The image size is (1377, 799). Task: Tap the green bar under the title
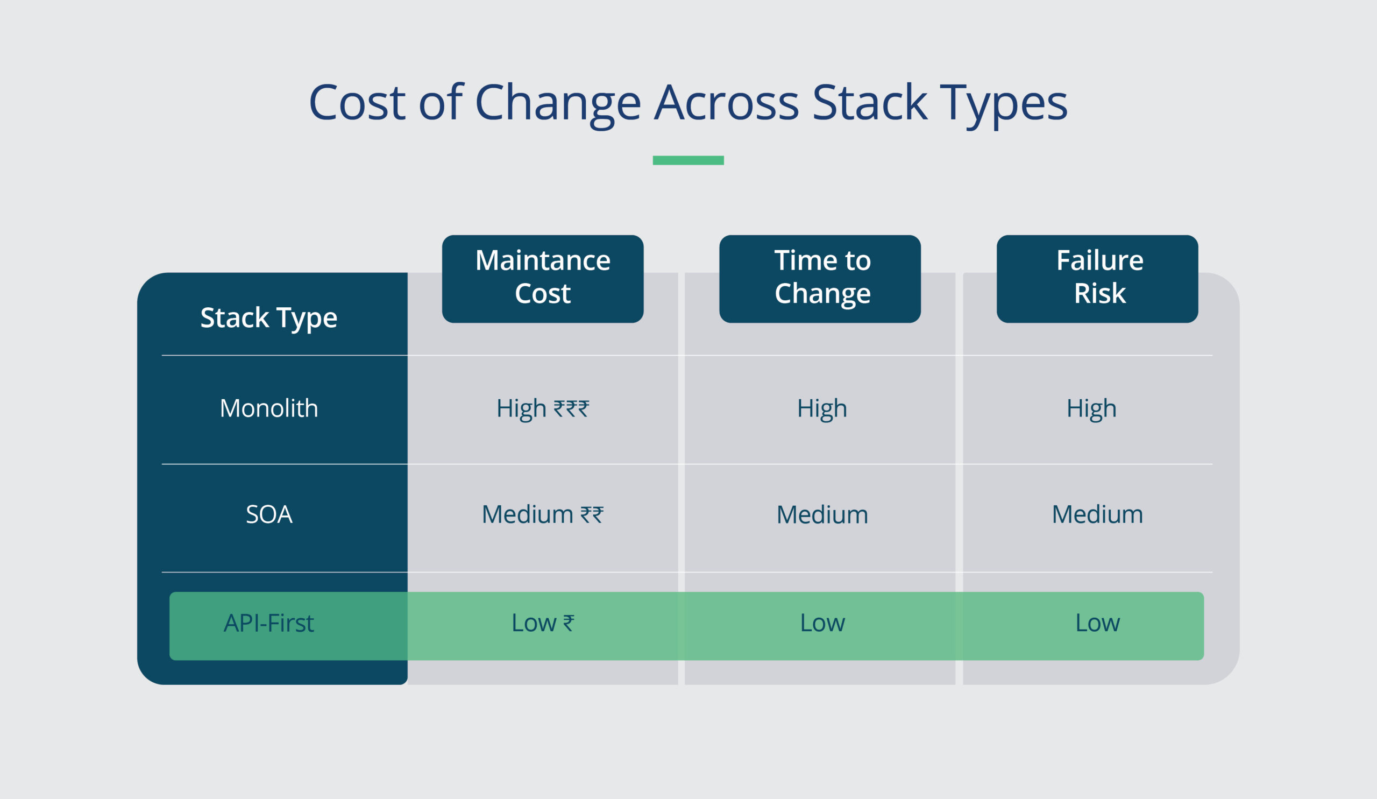pos(688,160)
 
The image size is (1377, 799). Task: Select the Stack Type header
pos(269,317)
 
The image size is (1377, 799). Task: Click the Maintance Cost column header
pos(543,278)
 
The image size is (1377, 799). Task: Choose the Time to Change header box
pos(820,278)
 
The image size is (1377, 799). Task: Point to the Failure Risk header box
pos(1097,278)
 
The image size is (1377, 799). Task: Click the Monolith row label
pos(269,408)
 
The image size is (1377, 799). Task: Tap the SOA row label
pos(269,514)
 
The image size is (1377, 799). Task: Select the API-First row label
pos(269,623)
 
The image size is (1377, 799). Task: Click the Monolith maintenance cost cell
pos(543,408)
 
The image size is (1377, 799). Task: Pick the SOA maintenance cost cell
pos(543,514)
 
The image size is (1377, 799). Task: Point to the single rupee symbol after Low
pos(569,623)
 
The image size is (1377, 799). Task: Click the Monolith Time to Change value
pos(822,408)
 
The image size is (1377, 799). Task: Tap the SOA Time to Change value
pos(822,514)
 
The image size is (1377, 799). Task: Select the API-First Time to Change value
pos(822,623)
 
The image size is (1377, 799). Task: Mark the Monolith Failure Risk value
pos(1091,408)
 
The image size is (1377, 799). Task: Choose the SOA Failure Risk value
pos(1097,514)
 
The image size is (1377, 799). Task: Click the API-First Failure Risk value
pos(1097,623)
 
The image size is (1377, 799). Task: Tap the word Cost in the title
pos(357,103)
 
